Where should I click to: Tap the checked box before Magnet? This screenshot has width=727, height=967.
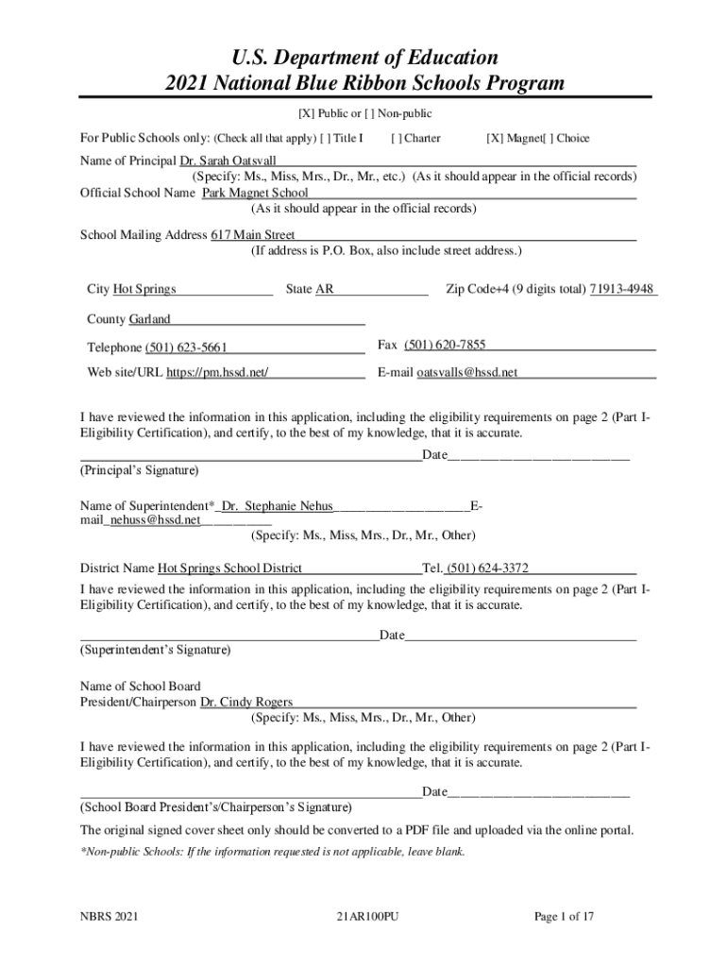click(494, 138)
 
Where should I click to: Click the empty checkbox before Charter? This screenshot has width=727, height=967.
click(397, 138)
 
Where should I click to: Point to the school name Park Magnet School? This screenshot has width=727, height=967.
click(255, 193)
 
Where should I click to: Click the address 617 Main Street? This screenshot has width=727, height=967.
click(253, 234)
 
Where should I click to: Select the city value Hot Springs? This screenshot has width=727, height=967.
click(144, 289)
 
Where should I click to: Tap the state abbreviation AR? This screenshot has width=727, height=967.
click(324, 289)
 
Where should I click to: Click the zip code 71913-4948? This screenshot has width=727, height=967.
click(621, 289)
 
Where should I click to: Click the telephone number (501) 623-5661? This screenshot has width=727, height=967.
click(186, 348)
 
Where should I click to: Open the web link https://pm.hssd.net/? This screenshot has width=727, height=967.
click(217, 372)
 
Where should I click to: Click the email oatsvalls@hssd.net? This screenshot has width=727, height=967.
click(467, 372)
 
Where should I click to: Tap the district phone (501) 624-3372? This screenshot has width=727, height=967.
click(487, 568)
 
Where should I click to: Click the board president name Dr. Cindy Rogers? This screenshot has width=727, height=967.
click(246, 702)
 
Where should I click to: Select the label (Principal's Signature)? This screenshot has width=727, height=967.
click(140, 469)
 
